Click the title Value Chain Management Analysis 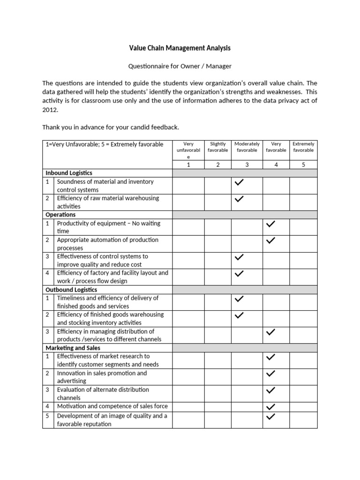click(180, 48)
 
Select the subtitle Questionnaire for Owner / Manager click(180, 66)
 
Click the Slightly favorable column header click(218, 147)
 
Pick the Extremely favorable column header click(303, 147)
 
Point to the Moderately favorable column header click(247, 147)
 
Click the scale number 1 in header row click(188, 165)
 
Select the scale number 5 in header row click(303, 165)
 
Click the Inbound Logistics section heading click(69, 173)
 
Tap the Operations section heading click(60, 215)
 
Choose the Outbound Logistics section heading click(71, 290)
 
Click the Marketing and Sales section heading click(73, 348)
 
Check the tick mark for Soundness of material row click(239, 182)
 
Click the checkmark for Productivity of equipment click(270, 224)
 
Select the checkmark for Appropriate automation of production click(270, 240)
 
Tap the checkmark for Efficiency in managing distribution click(270, 332)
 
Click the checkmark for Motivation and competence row click(270, 406)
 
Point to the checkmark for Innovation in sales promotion click(270, 374)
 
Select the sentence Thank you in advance click(111, 127)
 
